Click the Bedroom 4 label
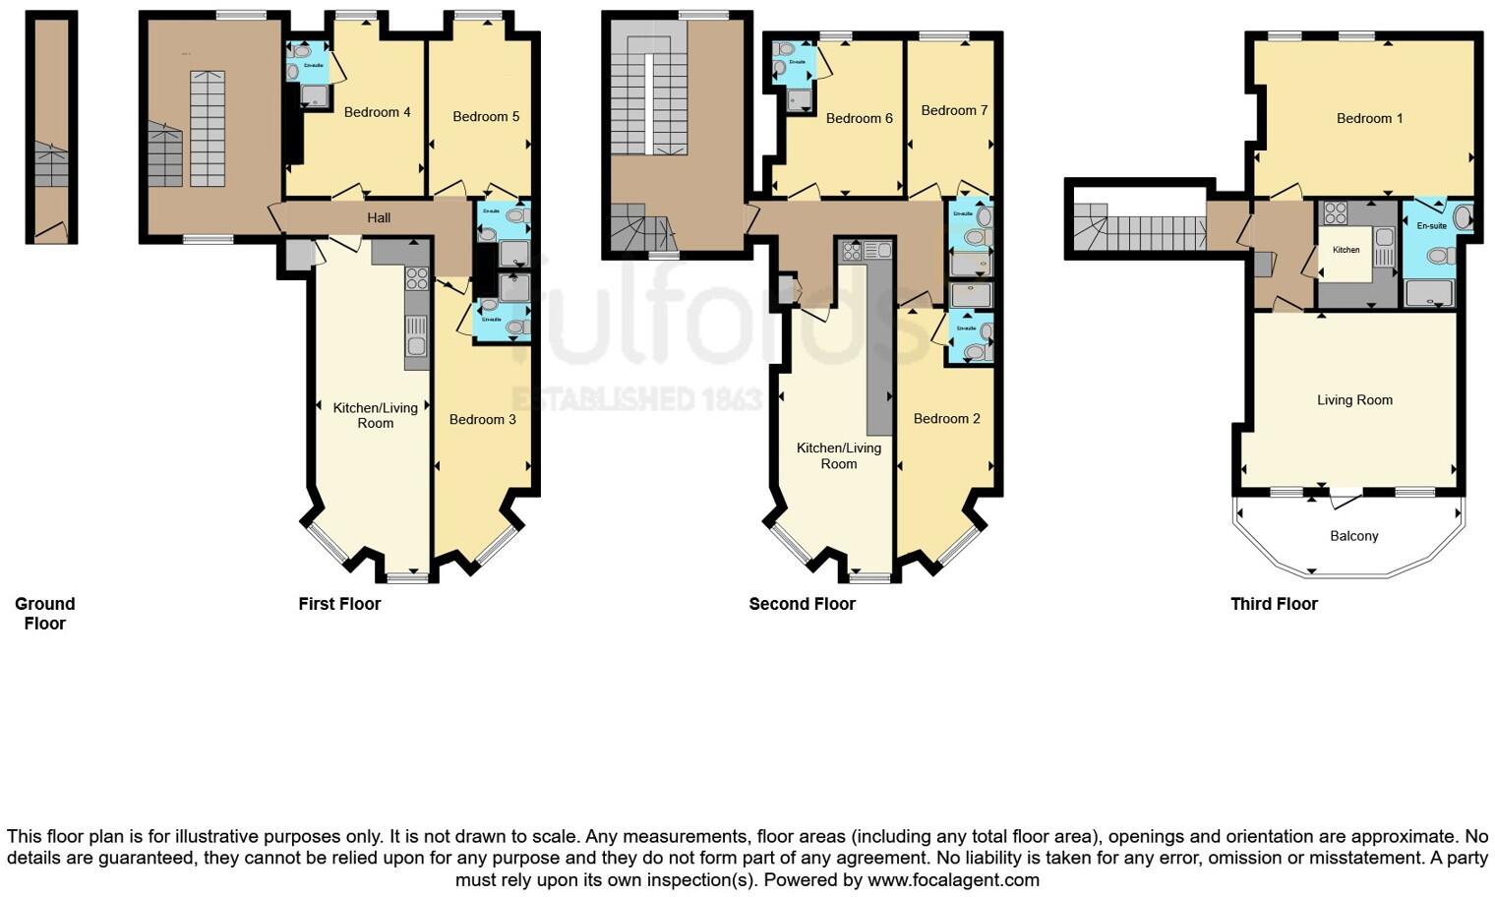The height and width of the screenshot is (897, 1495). tap(377, 112)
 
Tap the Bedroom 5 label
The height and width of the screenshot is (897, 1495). tap(486, 116)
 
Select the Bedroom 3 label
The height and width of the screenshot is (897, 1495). tap(482, 419)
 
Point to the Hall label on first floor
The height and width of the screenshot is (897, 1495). tap(379, 217)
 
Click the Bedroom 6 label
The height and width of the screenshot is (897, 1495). tap(859, 118)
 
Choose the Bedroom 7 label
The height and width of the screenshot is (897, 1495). tap(954, 110)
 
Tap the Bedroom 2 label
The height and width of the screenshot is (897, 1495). tap(946, 418)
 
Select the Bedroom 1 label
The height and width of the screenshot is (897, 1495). tap(1369, 118)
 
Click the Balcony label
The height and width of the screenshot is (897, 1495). tap(1353, 536)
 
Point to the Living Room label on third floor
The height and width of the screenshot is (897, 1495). tap(1354, 399)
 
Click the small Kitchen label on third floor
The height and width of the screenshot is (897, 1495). tap(1345, 250)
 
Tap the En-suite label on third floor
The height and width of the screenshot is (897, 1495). tap(1431, 226)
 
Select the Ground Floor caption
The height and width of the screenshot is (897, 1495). tap(44, 613)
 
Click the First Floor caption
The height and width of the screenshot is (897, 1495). tap(339, 603)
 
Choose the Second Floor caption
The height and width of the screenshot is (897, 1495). tap(802, 603)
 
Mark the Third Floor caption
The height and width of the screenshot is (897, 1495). tap(1274, 603)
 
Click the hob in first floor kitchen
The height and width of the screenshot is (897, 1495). tap(417, 277)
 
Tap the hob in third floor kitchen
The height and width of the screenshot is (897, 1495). tap(1335, 213)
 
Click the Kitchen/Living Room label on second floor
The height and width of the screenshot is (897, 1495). tap(838, 455)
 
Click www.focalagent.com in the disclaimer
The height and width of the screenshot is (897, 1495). tap(952, 879)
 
